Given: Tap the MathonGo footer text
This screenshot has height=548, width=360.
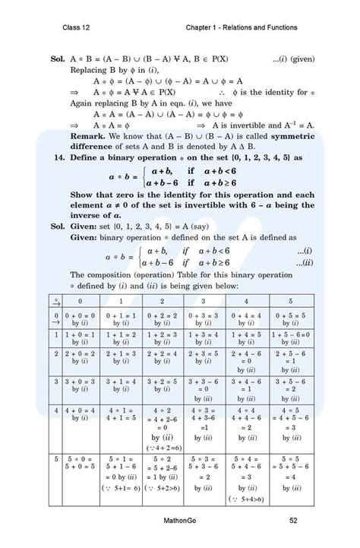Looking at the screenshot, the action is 180,520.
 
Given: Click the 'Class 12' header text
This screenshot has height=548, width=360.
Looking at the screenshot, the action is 77,28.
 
